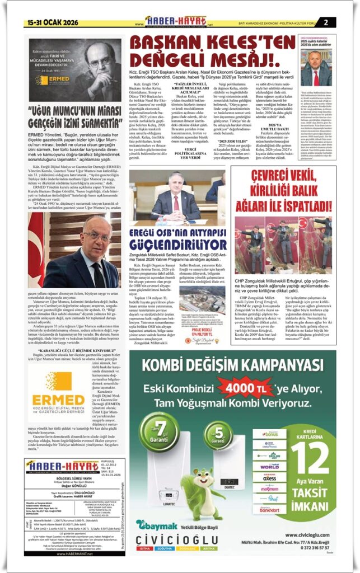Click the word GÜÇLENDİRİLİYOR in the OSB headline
click(178, 244)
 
